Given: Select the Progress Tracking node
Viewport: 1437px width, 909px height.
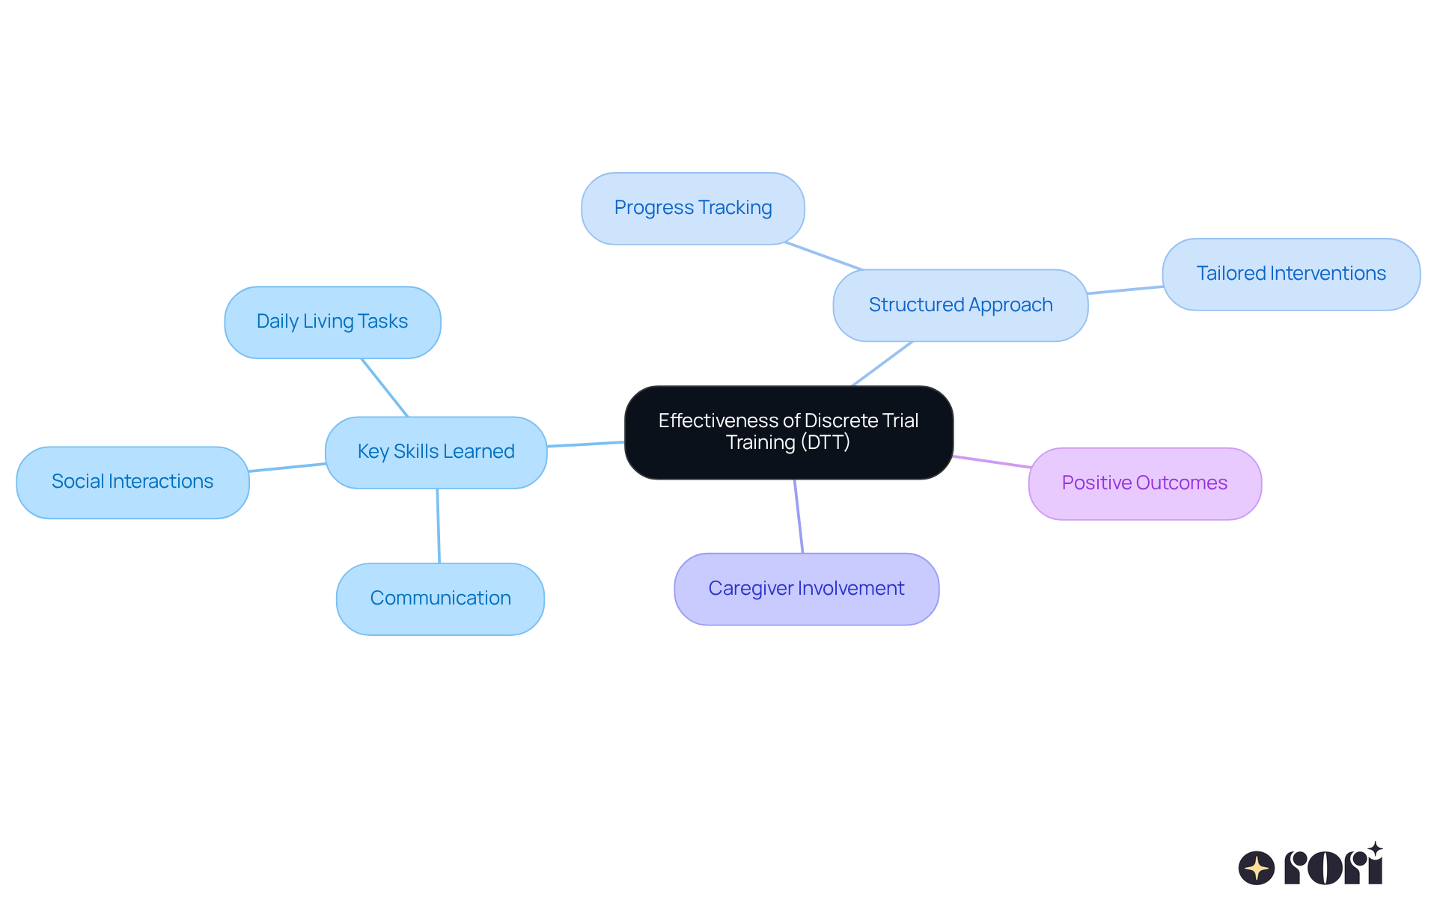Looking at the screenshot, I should tap(692, 208).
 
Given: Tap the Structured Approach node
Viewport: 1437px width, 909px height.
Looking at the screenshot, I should tap(960, 305).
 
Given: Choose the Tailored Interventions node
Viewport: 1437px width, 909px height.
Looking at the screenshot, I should tap(1290, 274).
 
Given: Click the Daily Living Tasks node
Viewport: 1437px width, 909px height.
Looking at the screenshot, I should tap(332, 322).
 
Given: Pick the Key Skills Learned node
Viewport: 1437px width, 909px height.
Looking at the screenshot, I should tap(436, 452).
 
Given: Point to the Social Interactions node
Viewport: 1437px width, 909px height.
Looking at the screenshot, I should tap(132, 482).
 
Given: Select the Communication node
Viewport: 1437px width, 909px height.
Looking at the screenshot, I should tap(440, 599).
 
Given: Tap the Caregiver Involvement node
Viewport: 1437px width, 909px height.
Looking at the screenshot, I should tap(806, 589).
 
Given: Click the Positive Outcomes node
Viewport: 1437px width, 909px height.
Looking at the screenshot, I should tap(1144, 483).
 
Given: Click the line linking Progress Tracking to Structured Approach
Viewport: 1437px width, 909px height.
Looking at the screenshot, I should tap(823, 256).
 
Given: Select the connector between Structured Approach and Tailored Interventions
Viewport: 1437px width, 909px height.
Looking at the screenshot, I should tap(1125, 290).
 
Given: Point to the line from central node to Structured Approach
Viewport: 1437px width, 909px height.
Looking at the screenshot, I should tap(882, 364).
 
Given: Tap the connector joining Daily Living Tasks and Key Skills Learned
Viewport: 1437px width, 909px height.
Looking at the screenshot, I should tap(385, 388).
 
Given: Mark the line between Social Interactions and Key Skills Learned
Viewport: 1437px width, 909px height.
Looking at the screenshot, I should tap(287, 468).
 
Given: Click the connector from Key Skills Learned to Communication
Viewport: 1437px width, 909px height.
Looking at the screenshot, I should tap(438, 525).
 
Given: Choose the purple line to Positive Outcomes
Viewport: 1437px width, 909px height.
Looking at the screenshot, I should tap(991, 462).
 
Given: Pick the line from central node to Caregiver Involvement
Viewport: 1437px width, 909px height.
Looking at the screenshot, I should tap(799, 516).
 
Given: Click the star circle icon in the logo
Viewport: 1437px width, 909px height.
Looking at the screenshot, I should tap(1256, 868).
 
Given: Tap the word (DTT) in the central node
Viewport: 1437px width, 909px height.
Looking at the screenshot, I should tap(825, 442).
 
